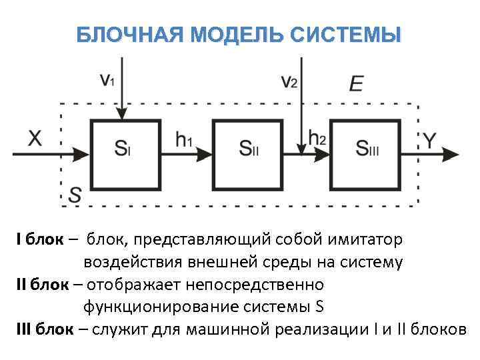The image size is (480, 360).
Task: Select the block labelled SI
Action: coord(125,154)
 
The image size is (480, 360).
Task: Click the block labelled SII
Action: coord(247,154)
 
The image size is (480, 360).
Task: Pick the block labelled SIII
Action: coord(366,154)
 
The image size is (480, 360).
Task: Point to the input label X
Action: coord(35,139)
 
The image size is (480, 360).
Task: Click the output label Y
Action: coord(431,140)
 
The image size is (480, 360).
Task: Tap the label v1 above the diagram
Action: coord(107,81)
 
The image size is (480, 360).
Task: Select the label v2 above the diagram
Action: coord(289,81)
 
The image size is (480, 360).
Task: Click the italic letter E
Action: coord(356,84)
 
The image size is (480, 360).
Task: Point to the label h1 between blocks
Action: coord(184,140)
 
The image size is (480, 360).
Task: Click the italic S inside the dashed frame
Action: coord(75,194)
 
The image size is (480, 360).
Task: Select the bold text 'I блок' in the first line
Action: coord(40,239)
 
